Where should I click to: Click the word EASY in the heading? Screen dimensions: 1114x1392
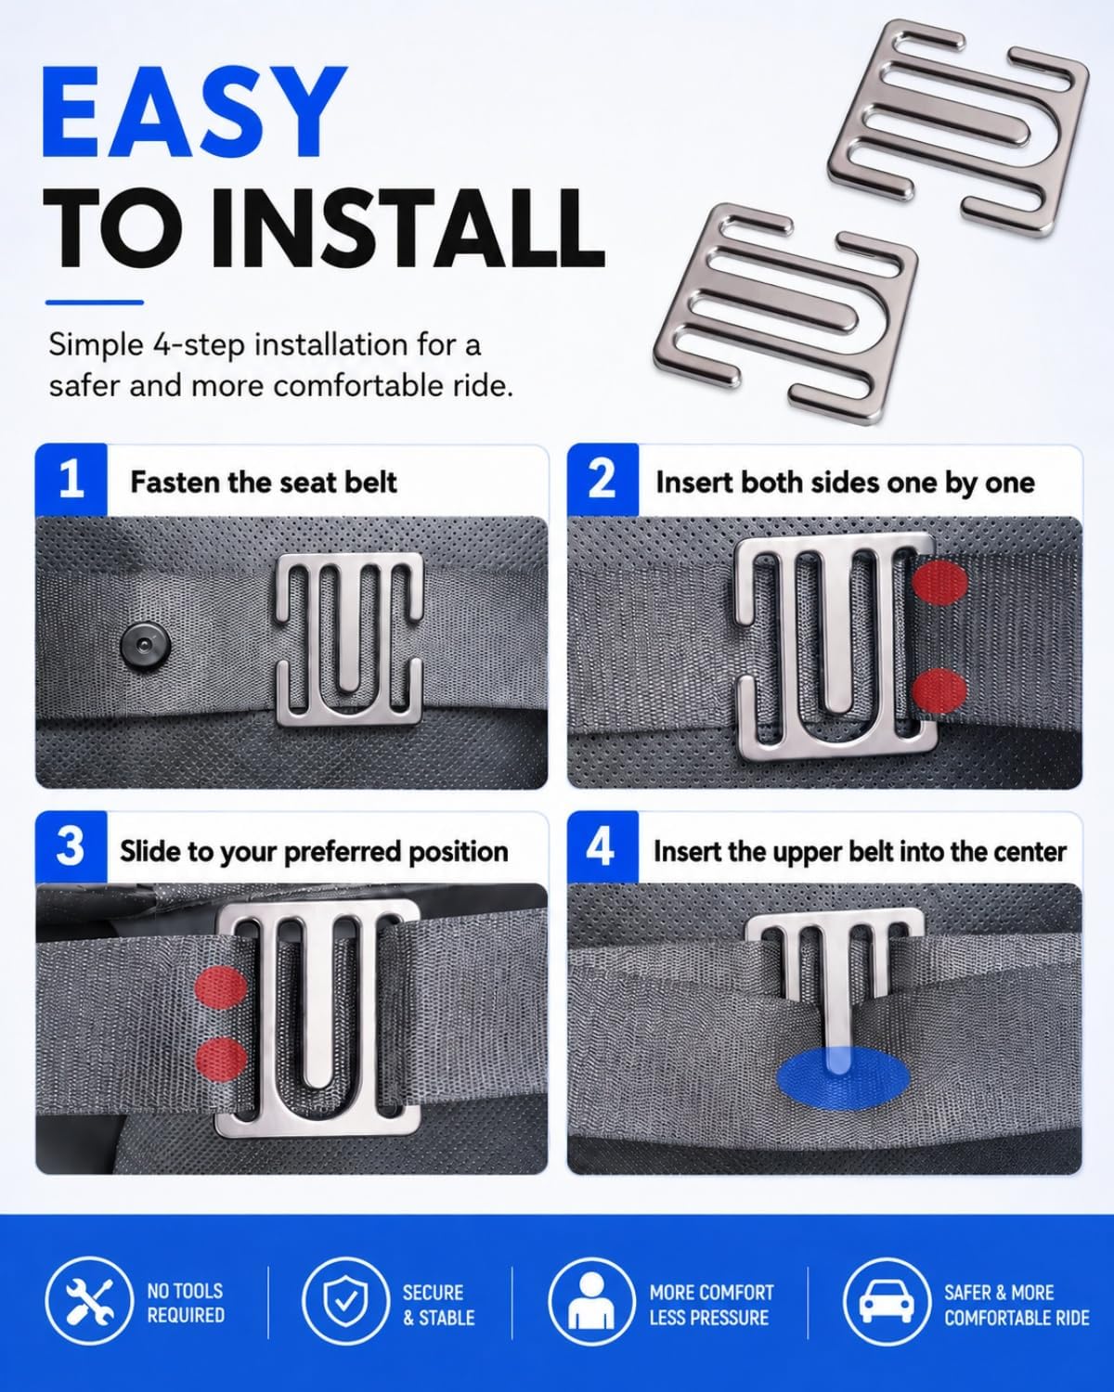click(x=194, y=111)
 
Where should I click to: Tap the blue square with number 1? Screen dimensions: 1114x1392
click(x=71, y=480)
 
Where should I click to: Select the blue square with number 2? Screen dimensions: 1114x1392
click(x=602, y=480)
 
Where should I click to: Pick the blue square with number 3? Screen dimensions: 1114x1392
click(x=71, y=846)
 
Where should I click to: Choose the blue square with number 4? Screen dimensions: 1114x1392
click(x=602, y=846)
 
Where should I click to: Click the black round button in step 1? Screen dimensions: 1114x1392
click(x=147, y=646)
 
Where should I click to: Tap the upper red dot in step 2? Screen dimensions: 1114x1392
click(x=939, y=583)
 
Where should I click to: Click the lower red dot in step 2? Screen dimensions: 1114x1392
click(x=939, y=690)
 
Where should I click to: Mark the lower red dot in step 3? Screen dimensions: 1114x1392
click(x=221, y=1059)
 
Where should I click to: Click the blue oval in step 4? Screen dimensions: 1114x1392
click(x=843, y=1078)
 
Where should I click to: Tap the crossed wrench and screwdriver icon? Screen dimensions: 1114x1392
click(x=89, y=1300)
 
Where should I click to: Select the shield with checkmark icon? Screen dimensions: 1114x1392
click(x=345, y=1300)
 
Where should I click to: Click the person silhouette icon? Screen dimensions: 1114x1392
click(x=591, y=1300)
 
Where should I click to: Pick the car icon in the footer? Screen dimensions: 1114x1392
click(x=887, y=1300)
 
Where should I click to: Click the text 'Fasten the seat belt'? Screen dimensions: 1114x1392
click(x=264, y=483)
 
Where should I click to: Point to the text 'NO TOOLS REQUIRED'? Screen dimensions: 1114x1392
click(x=186, y=1303)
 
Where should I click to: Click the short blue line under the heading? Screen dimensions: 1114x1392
click(x=95, y=303)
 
